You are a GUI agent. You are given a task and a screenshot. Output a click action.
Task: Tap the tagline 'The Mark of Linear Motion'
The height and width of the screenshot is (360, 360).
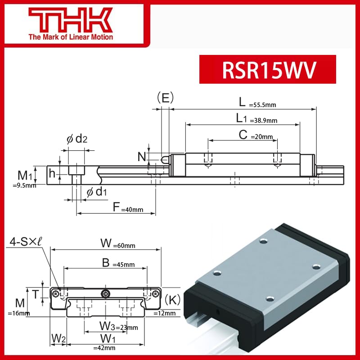(x=71, y=37)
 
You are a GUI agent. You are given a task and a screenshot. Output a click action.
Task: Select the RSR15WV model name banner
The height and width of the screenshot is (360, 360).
(x=267, y=69)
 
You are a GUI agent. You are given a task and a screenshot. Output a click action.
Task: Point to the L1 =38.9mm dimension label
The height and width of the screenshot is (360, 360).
(x=256, y=119)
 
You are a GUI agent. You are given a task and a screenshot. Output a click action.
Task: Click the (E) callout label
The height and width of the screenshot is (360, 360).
(x=165, y=98)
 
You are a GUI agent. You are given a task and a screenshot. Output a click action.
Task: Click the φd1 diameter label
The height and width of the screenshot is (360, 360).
(x=96, y=192)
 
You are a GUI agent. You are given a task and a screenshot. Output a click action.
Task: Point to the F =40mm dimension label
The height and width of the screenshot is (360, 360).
(x=128, y=208)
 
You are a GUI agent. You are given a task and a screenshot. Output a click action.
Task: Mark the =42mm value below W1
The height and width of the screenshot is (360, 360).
(x=104, y=347)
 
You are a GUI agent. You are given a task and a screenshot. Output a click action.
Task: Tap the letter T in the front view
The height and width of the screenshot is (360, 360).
(x=36, y=293)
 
